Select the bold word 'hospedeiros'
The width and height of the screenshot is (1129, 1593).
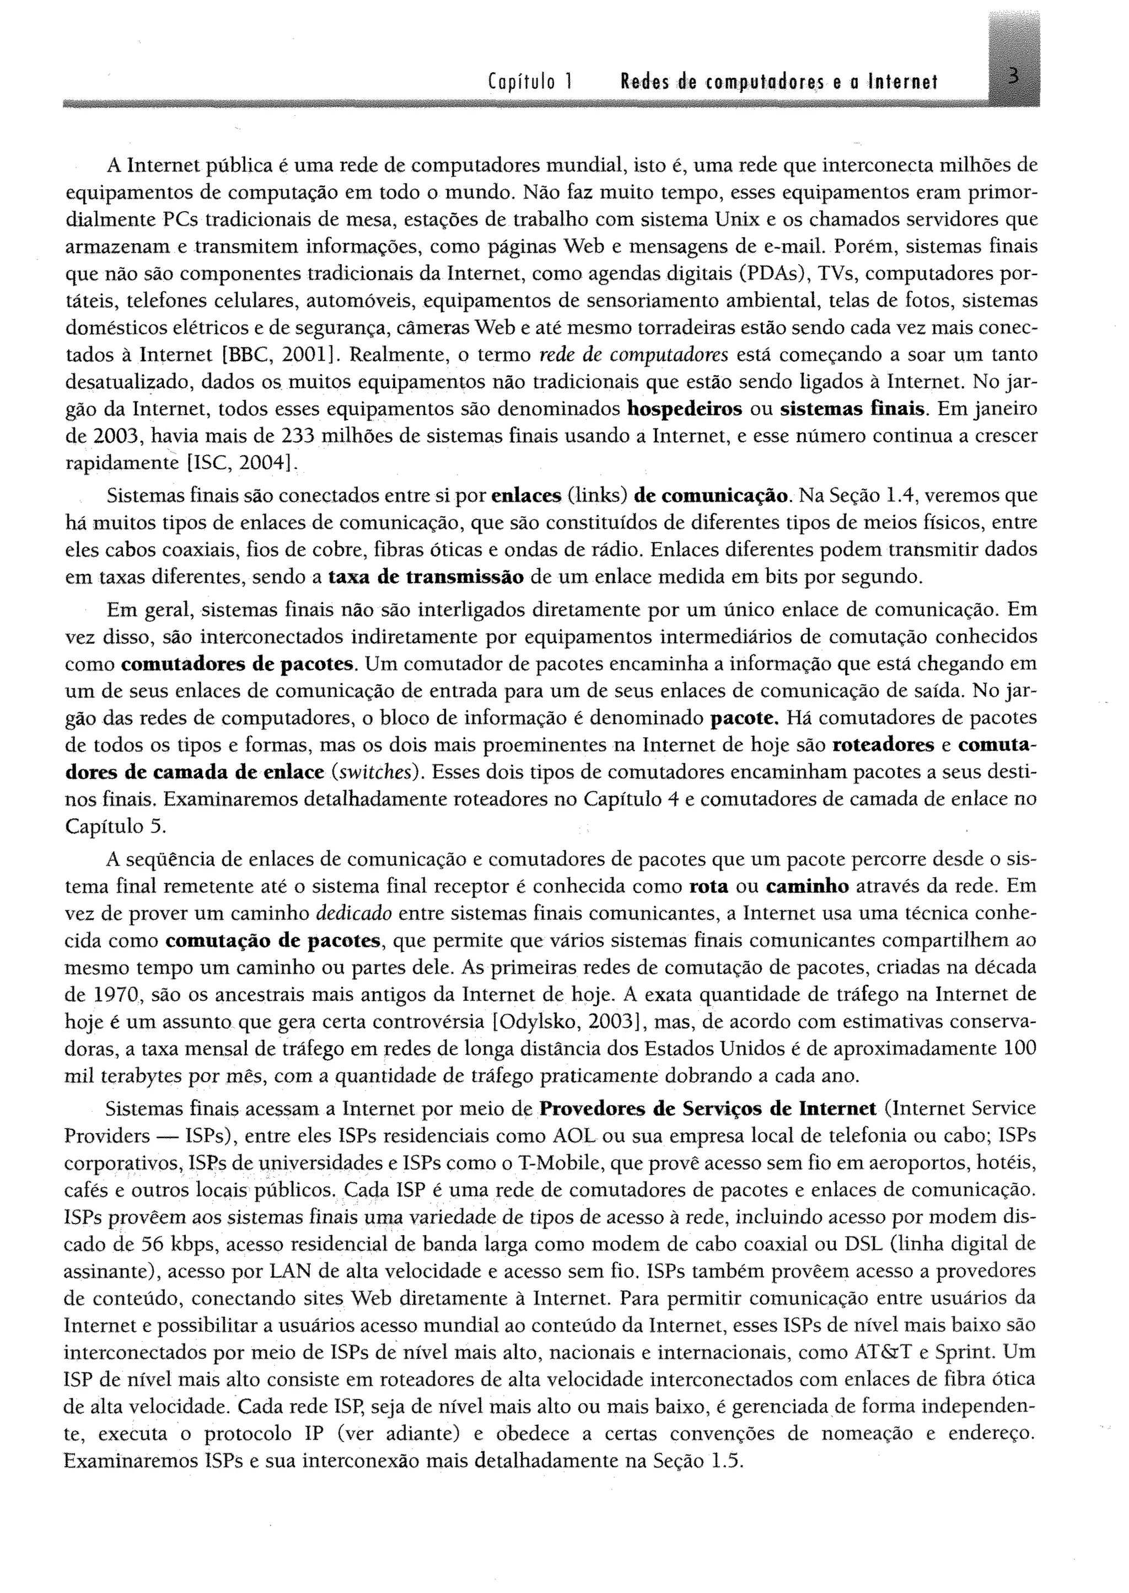(684, 409)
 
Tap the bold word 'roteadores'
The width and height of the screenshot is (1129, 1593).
(883, 745)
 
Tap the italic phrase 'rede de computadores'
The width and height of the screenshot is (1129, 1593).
(633, 355)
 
